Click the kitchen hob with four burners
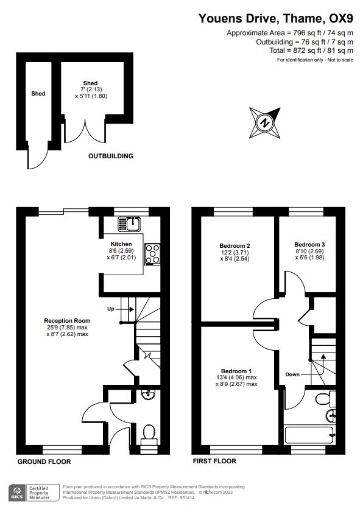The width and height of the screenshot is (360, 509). pyautogui.click(x=152, y=253)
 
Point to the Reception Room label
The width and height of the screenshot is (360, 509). pyautogui.click(x=67, y=320)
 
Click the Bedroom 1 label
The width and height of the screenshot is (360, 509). pyautogui.click(x=236, y=371)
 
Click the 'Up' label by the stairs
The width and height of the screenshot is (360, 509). pyautogui.click(x=111, y=309)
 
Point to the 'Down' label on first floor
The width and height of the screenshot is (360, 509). pyautogui.click(x=292, y=374)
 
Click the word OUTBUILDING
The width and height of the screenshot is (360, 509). pyautogui.click(x=111, y=156)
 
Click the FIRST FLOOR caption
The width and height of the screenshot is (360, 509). pyautogui.click(x=214, y=462)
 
